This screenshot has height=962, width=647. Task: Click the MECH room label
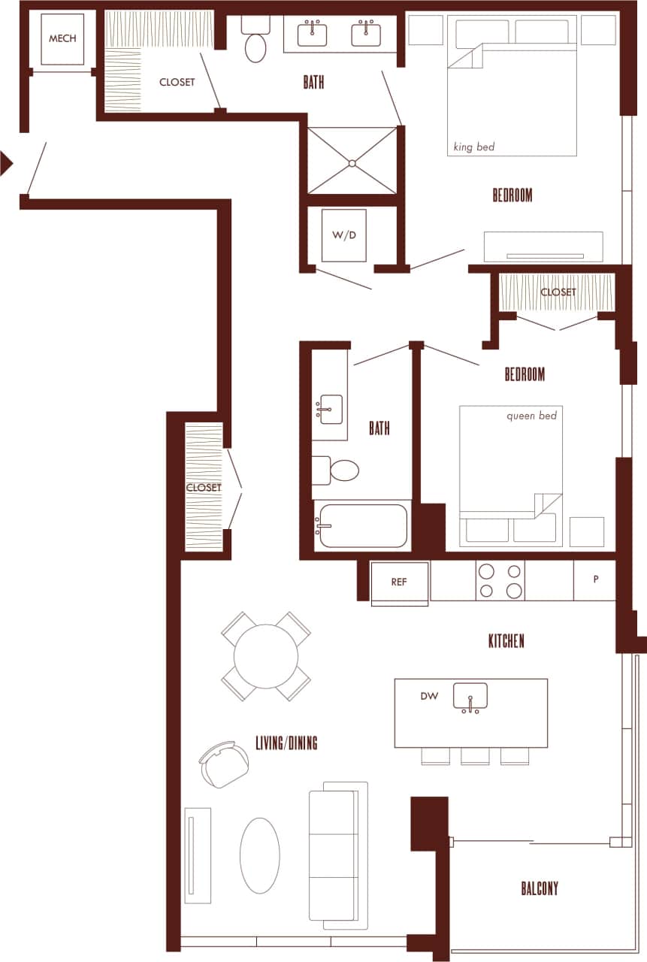coord(62,38)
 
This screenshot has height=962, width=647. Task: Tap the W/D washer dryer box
coord(343,235)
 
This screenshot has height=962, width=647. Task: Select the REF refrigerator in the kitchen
coord(399,582)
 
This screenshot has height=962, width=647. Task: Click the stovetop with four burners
coord(500,580)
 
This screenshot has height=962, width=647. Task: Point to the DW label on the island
coord(429,696)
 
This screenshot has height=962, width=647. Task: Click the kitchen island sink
coord(470,697)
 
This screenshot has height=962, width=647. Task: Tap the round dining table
coord(266,656)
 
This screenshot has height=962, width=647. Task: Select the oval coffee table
coord(260,855)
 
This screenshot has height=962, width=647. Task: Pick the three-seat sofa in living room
coord(337,855)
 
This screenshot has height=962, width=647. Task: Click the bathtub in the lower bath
coord(361,526)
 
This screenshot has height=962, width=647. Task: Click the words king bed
coord(474,147)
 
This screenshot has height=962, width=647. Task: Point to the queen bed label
coord(531,415)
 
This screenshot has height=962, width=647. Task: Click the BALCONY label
coord(540,888)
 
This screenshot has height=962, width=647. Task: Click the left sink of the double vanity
coord(312,35)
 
